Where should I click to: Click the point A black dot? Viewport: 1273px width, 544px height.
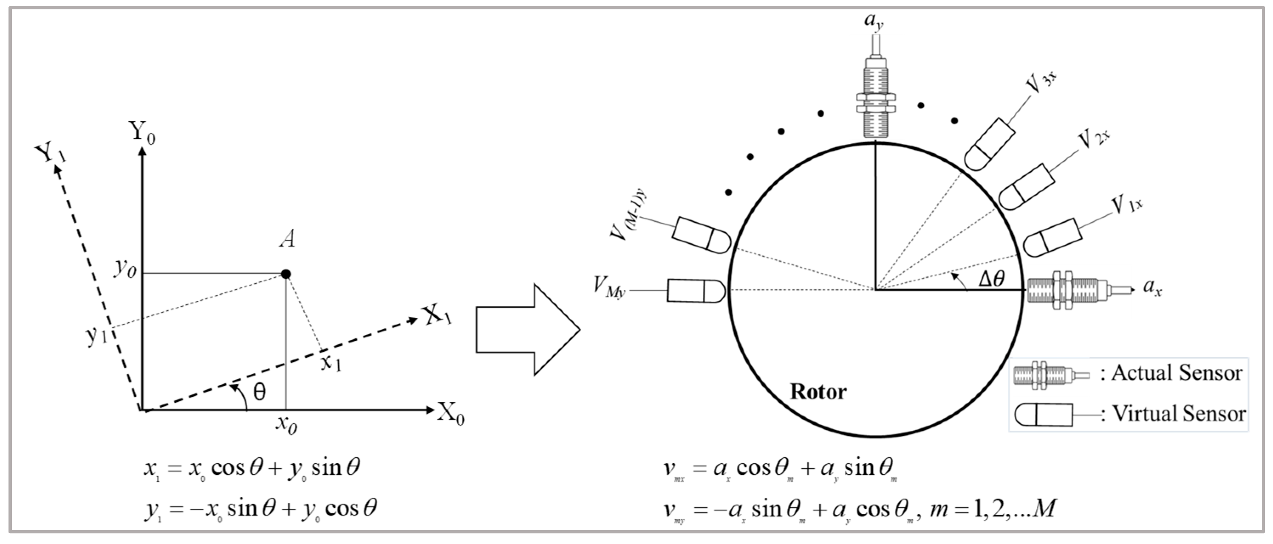click(285, 274)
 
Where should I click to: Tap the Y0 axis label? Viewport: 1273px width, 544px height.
click(142, 132)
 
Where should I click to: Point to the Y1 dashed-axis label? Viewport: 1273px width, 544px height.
click(51, 154)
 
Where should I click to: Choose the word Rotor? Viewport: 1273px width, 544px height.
click(818, 392)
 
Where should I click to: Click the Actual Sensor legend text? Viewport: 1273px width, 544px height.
click(1177, 373)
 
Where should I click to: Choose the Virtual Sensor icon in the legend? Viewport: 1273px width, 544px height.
click(1043, 415)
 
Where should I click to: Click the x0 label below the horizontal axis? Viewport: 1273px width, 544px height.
click(286, 424)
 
